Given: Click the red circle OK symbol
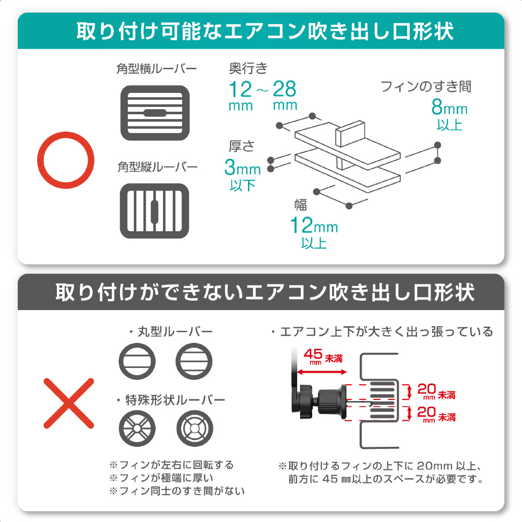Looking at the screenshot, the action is coord(66,133).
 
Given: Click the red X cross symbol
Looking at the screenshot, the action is coord(69,403).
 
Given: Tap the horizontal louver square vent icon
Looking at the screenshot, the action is coord(155,113).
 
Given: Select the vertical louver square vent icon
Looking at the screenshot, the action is coord(155,211).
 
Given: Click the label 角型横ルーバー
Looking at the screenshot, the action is coord(157,68).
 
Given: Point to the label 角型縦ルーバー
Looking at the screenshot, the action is coord(158,167).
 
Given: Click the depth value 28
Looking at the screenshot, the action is coord(284,89).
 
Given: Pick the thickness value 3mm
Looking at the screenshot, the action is coord(242,167).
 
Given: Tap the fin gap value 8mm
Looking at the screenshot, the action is coord(449,107).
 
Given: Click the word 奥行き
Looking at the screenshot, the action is coord(248,68).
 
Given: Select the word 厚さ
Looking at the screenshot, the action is coord(242,146).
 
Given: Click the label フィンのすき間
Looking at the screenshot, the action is coord(426,87).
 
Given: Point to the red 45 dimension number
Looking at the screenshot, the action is coord(313,354).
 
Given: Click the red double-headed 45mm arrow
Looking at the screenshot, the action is coord(322,372).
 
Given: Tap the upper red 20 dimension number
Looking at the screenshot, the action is coord(426,389).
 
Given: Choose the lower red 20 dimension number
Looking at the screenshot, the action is coord(426,411).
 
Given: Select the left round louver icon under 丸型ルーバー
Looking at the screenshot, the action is coord(137,362).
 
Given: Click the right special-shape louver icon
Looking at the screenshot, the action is coord(194,429).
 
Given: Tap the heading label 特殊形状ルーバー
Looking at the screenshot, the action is coord(175,400).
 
